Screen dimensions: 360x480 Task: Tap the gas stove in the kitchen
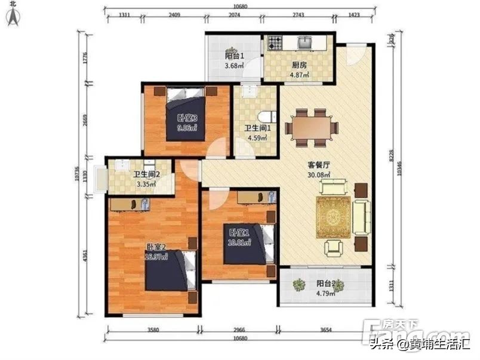[274, 42]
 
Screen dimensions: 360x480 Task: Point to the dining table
[311, 127]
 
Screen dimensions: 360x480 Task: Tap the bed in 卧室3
[187, 115]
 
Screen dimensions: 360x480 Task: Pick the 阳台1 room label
[235, 56]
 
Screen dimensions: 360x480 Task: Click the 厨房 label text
[299, 66]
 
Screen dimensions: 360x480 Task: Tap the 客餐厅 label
[319, 165]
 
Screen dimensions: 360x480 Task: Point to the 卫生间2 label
[146, 175]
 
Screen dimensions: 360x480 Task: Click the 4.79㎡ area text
[325, 293]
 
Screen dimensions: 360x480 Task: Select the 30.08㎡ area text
[319, 175]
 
